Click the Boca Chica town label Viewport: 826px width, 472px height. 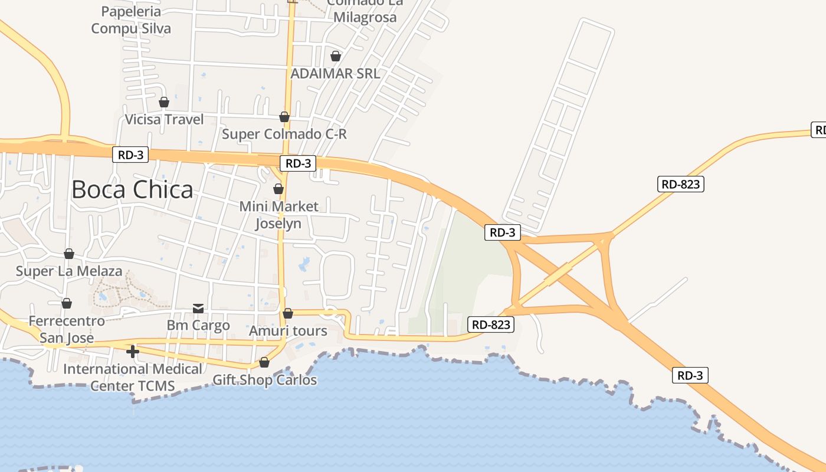[132, 189]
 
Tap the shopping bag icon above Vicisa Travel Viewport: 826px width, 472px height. [164, 103]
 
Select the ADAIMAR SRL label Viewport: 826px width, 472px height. [335, 73]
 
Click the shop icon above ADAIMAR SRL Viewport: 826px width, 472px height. [336, 57]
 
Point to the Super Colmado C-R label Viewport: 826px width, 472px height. [284, 134]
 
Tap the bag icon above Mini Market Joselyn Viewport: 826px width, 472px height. [278, 189]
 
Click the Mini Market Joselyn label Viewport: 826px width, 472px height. [278, 215]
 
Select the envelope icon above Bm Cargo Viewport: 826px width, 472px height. [198, 309]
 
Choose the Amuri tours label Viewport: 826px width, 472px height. [288, 330]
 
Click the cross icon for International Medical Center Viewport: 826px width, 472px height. [133, 352]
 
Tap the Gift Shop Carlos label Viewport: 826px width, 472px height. [264, 380]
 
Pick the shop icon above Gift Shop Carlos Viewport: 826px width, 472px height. [264, 362]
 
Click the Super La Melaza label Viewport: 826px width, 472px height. [69, 271]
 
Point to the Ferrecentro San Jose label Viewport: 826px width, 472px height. [67, 329]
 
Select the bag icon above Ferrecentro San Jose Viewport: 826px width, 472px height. [67, 303]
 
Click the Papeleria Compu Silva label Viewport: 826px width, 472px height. [131, 20]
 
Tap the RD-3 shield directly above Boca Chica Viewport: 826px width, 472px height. [130, 155]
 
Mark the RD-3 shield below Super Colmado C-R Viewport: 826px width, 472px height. [298, 163]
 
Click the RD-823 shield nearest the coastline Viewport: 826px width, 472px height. [491, 324]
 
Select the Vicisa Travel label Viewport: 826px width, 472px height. [164, 120]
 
